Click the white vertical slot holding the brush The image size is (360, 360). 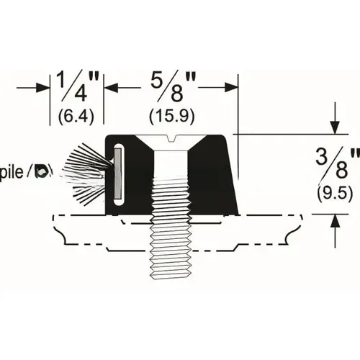[x=118, y=171]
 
